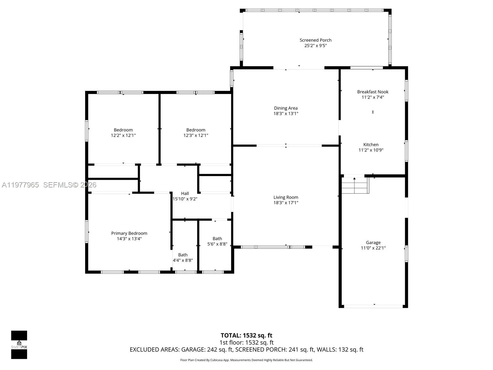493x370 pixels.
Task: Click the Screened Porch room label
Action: coord(316,40)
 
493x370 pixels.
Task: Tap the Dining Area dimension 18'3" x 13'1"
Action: coord(286,113)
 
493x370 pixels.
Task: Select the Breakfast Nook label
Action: coord(373,92)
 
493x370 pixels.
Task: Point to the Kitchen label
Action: coord(371,145)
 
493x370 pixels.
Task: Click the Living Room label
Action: coord(286,197)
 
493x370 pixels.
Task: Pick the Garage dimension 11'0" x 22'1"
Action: coord(373,248)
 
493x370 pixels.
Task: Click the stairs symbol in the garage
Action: coord(355,186)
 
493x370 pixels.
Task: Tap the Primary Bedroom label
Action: coord(129,233)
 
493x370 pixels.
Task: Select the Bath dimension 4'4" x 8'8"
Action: coord(183,260)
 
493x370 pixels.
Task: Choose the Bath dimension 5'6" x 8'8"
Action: coord(217,244)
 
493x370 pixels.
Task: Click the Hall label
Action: coord(185,194)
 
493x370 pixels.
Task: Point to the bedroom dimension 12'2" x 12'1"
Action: coord(123,135)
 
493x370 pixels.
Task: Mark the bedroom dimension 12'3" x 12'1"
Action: coord(196,135)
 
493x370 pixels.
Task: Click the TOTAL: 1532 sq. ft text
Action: coord(246,335)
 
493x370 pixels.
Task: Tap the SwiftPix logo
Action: coord(19,345)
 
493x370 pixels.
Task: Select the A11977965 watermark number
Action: coord(20,185)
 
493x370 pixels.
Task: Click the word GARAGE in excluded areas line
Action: coord(193,350)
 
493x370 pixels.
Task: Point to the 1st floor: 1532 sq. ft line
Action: coord(246,343)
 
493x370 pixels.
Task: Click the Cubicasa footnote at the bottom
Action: coord(246,360)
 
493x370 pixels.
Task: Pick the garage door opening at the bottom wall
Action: coord(373,306)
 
